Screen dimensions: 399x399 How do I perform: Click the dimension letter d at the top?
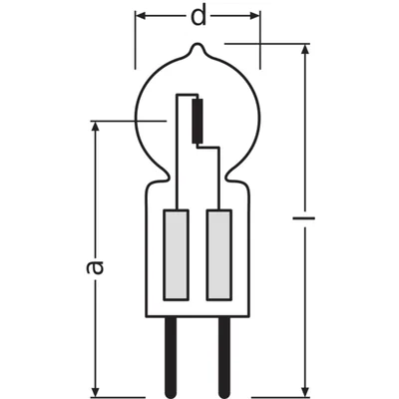click(198, 16)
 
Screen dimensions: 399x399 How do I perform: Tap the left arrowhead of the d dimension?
click(139, 17)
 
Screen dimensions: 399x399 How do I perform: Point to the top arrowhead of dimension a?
click(97, 128)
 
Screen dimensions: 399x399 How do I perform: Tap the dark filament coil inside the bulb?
click(197, 119)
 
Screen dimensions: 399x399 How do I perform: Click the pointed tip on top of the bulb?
click(198, 47)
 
